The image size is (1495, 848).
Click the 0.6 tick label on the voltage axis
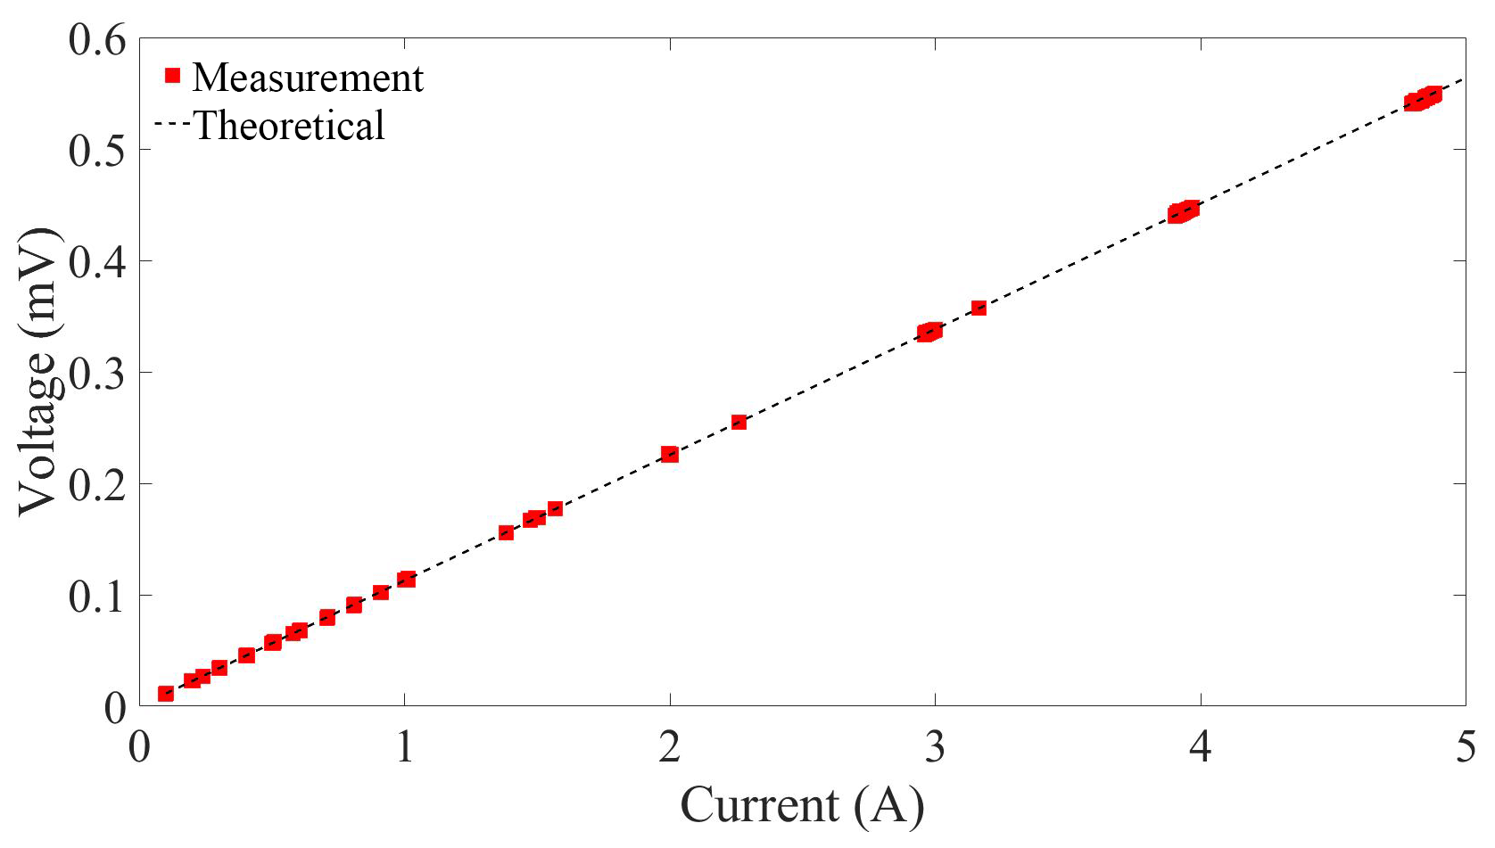point(98,42)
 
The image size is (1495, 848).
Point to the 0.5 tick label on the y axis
point(98,151)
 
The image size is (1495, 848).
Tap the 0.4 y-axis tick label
point(98,262)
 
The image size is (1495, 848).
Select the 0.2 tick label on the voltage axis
point(98,485)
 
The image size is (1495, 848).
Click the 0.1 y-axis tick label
point(98,597)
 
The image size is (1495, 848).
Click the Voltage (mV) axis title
point(39,372)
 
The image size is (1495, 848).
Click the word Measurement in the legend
point(308,78)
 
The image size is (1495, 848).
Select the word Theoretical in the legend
point(289,126)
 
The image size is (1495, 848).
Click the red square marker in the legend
point(173,76)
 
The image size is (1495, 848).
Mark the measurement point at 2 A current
point(670,455)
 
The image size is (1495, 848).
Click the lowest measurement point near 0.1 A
point(166,694)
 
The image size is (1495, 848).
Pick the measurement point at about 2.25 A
point(739,423)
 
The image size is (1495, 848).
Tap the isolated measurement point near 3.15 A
point(979,309)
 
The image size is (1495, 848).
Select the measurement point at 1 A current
point(406,580)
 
